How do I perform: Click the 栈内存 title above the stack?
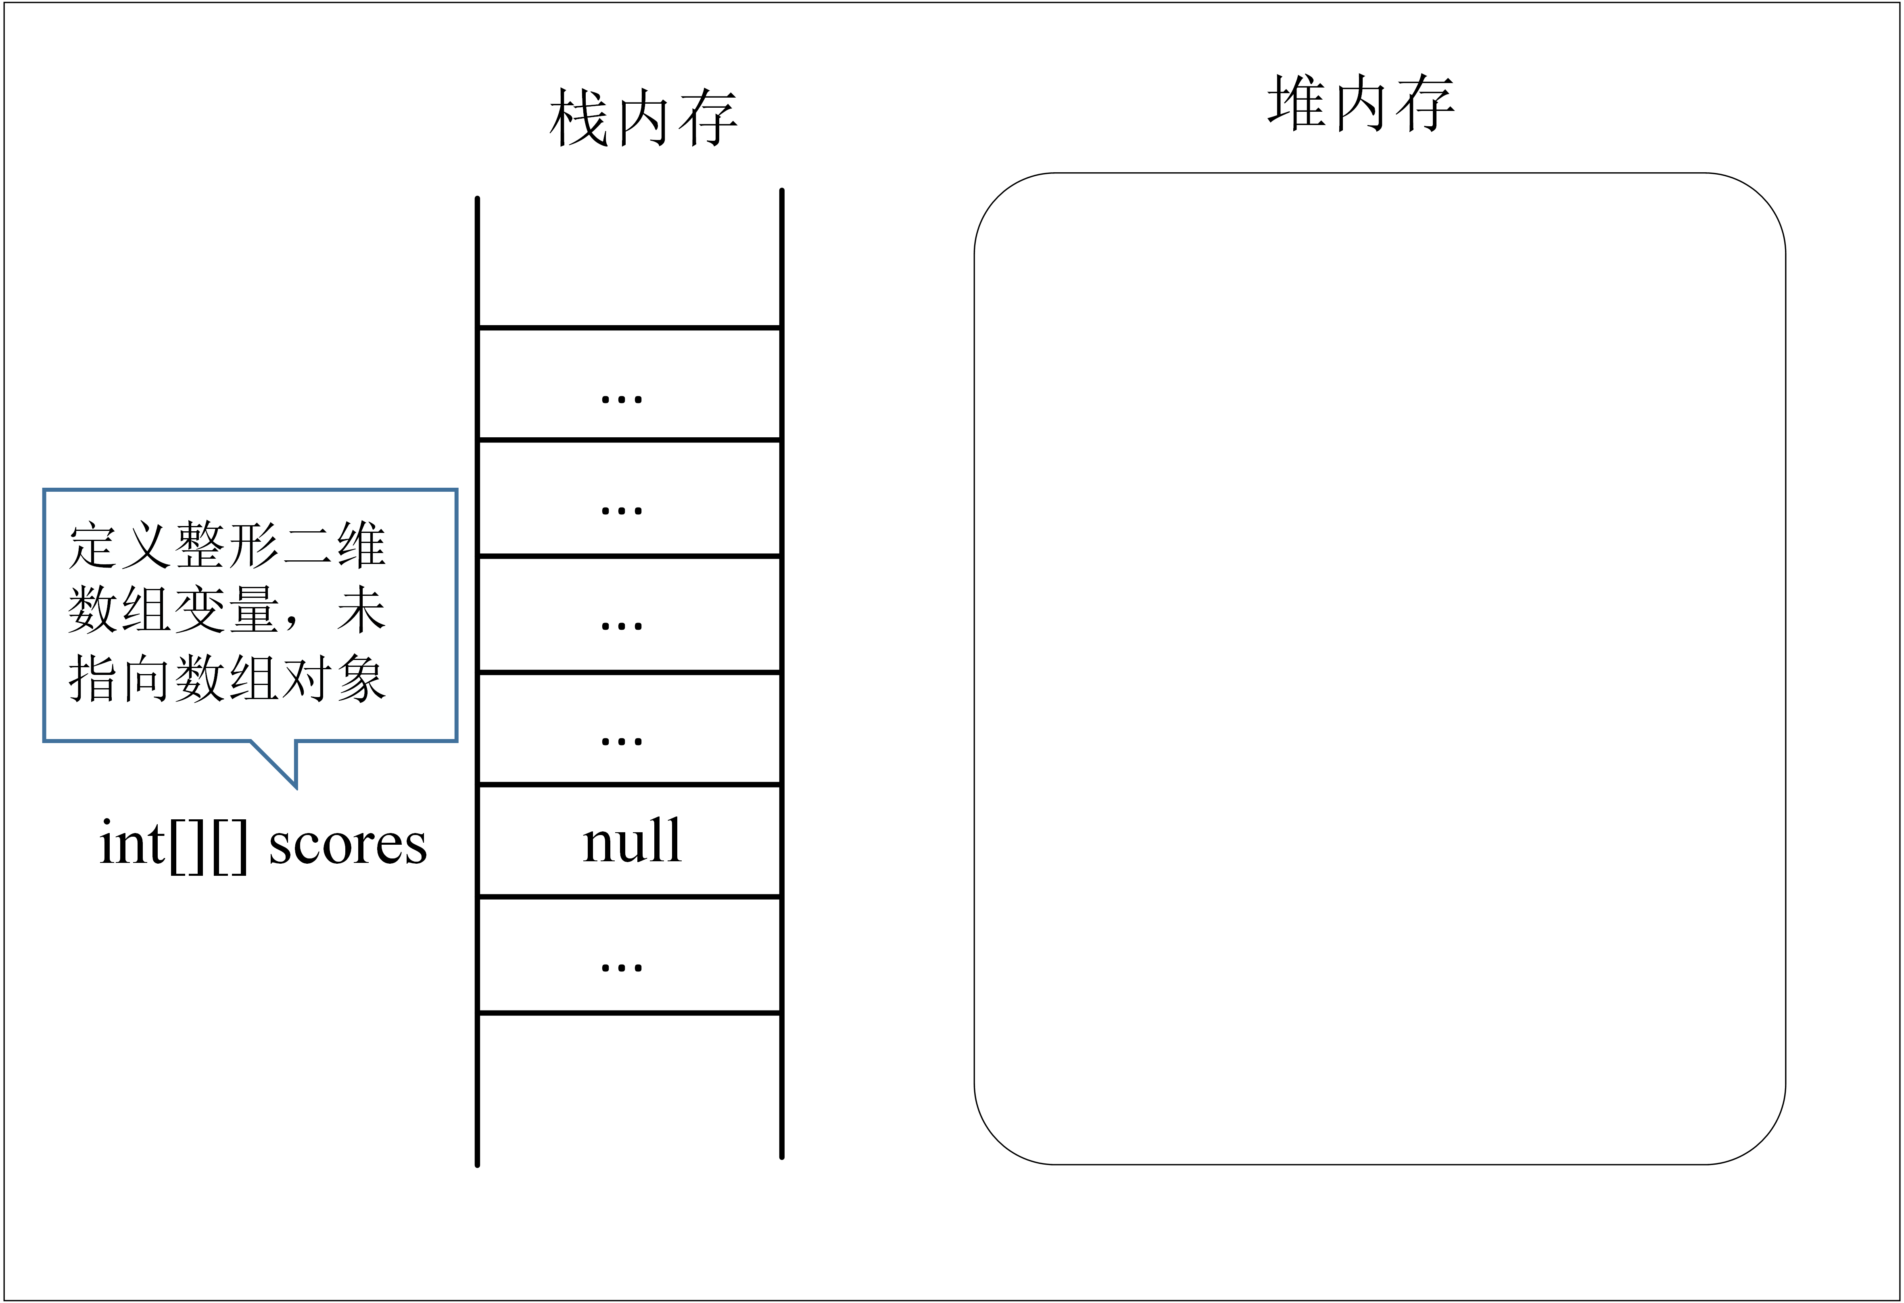tap(643, 119)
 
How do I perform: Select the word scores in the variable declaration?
tap(348, 844)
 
